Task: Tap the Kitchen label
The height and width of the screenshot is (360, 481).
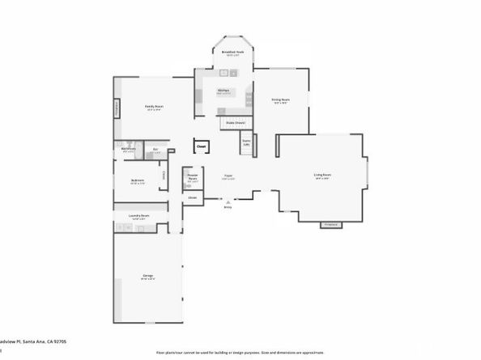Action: (x=223, y=90)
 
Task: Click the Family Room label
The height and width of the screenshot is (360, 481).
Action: (x=152, y=106)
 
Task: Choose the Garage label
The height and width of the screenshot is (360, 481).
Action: (x=148, y=277)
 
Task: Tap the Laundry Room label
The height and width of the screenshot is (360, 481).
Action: (x=138, y=216)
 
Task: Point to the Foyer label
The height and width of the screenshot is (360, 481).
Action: (x=228, y=176)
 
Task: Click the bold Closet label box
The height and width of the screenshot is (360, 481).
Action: (x=201, y=147)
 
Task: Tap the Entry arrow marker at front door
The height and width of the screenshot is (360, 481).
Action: (x=228, y=205)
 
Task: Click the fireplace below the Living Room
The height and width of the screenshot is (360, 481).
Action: (x=330, y=224)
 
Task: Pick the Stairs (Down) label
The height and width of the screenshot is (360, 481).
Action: (x=236, y=123)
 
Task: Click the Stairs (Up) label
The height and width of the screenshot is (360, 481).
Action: (x=246, y=142)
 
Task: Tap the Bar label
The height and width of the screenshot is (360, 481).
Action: (x=155, y=149)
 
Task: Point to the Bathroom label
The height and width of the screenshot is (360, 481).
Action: (x=128, y=149)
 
